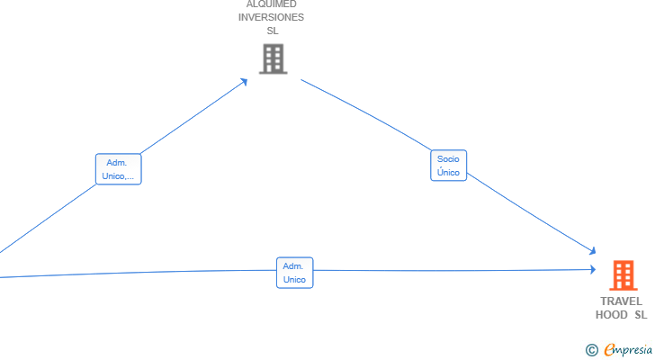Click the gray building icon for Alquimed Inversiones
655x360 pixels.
click(x=274, y=58)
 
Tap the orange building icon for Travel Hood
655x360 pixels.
click(x=624, y=275)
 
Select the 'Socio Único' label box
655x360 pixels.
click(x=449, y=166)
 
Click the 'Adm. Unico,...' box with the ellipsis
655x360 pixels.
click(x=118, y=169)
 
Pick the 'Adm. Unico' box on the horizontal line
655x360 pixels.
click(x=294, y=273)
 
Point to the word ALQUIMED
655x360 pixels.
click(x=272, y=4)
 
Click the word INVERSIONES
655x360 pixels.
click(x=271, y=17)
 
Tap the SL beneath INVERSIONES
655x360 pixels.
click(x=273, y=31)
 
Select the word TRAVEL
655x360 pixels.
click(x=621, y=301)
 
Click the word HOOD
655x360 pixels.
click(x=611, y=314)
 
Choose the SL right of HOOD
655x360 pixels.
click(x=641, y=314)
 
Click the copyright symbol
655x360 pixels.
click(x=591, y=350)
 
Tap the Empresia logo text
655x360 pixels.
click(x=628, y=349)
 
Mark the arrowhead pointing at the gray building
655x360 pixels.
click(x=244, y=82)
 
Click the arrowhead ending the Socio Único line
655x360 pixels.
click(x=592, y=250)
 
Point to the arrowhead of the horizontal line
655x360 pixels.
click(x=593, y=269)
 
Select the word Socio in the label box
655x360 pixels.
click(x=448, y=158)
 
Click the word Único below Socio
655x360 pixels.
click(x=448, y=172)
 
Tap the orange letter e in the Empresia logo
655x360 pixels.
click(x=609, y=349)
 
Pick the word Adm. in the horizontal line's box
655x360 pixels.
click(x=292, y=266)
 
